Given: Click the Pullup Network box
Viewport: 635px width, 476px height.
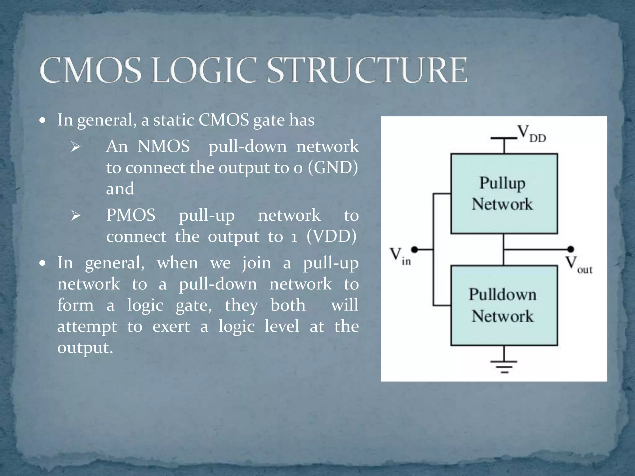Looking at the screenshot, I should click(x=504, y=194).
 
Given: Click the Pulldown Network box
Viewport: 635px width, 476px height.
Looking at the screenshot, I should click(x=504, y=305).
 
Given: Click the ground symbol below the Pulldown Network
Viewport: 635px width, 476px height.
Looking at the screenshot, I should click(x=504, y=366).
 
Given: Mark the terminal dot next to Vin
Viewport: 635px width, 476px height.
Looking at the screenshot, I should click(x=414, y=249).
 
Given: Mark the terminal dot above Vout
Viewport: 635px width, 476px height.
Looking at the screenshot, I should click(x=570, y=249).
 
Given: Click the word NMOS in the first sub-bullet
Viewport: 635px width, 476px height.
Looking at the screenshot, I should click(x=163, y=146).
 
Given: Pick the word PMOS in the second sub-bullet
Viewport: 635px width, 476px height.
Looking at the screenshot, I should click(x=131, y=215).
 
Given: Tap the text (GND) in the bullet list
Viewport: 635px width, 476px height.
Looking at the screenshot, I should click(x=333, y=168).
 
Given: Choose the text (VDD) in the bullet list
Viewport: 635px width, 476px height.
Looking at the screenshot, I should click(x=331, y=236).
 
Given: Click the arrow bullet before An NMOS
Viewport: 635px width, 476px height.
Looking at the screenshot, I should click(x=75, y=147).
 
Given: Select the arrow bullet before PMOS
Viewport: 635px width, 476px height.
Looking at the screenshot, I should click(x=75, y=215).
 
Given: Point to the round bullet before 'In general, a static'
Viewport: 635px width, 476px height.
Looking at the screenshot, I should click(x=43, y=120).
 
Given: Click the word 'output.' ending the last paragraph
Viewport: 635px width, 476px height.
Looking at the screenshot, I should click(x=85, y=348).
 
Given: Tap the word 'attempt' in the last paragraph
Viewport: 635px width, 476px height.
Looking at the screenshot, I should click(x=87, y=327).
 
